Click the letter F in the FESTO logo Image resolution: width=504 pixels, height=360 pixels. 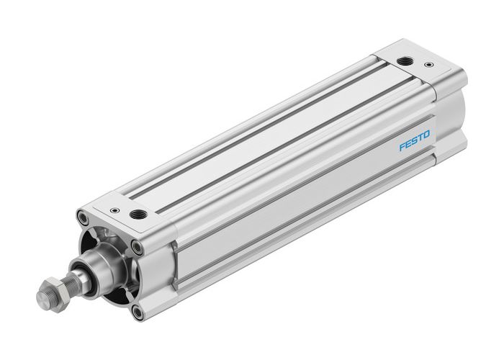(x=402, y=147)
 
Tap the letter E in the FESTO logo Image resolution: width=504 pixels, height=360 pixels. (x=408, y=144)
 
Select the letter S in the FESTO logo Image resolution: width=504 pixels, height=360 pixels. (x=415, y=140)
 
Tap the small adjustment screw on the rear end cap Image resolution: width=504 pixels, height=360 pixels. (x=430, y=65)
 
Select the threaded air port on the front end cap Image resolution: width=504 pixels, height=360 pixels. (x=138, y=214)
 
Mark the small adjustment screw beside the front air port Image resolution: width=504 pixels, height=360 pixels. (x=114, y=211)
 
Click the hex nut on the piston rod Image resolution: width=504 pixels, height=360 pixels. (x=54, y=292)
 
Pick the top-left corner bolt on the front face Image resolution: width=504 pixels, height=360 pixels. (x=84, y=217)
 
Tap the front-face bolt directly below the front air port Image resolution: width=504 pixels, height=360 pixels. (x=137, y=247)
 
